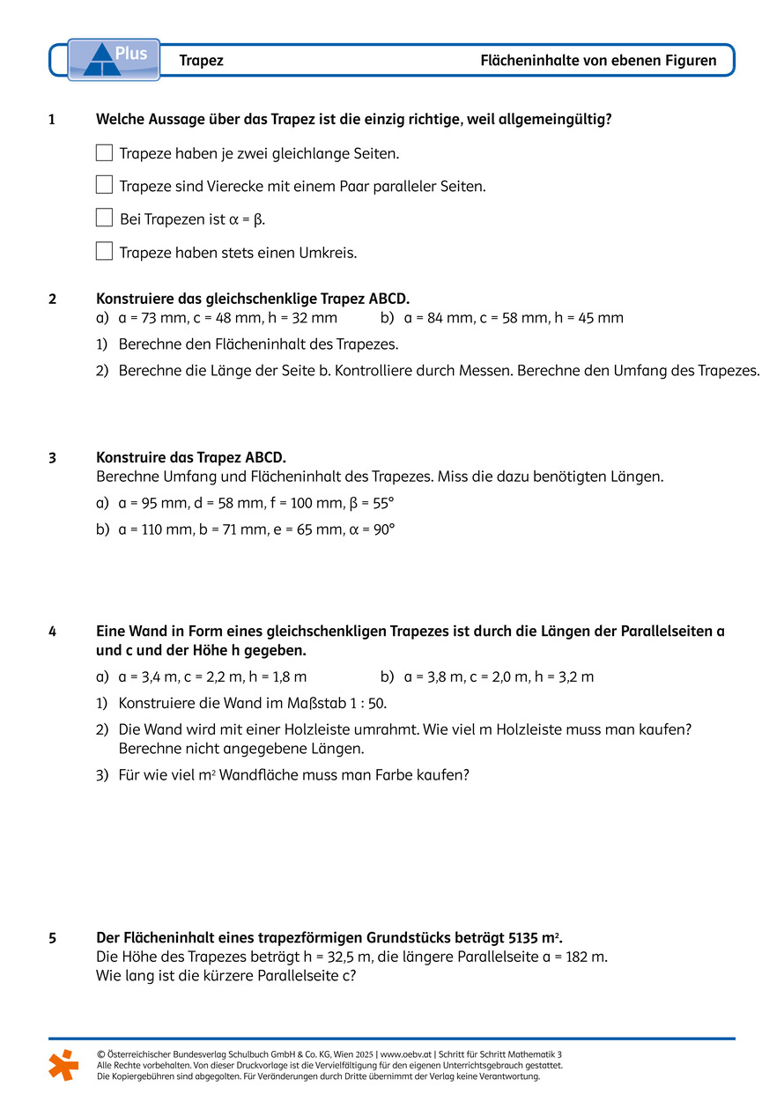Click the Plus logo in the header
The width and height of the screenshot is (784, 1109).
click(115, 59)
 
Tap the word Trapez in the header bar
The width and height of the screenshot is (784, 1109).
click(201, 61)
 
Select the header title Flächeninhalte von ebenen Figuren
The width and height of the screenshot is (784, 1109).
click(598, 61)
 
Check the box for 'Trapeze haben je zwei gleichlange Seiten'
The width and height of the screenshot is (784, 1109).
click(104, 152)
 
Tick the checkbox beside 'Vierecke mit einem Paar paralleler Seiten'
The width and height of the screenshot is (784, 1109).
click(104, 185)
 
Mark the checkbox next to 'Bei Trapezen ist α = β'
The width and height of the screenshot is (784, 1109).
click(104, 218)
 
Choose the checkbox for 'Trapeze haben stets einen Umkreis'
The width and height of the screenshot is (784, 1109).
click(104, 251)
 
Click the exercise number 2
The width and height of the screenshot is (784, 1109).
click(53, 299)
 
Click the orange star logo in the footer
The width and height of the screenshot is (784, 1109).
click(63, 1064)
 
